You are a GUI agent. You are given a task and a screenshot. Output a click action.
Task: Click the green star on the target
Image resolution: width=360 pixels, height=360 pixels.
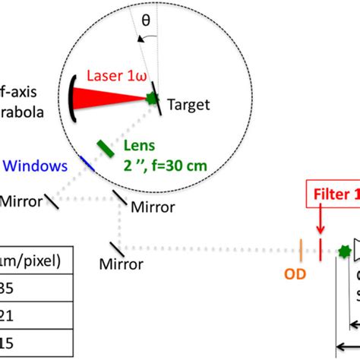click(x=151, y=98)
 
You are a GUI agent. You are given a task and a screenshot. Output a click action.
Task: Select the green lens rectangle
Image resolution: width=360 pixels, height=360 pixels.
click(x=106, y=147)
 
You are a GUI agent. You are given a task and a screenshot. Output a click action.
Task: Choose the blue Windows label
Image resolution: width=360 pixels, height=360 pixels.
click(x=35, y=164)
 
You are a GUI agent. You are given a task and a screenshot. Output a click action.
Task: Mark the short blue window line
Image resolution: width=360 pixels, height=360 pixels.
click(x=89, y=162)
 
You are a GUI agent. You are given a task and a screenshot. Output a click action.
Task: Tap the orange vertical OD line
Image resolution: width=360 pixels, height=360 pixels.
click(x=303, y=248)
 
